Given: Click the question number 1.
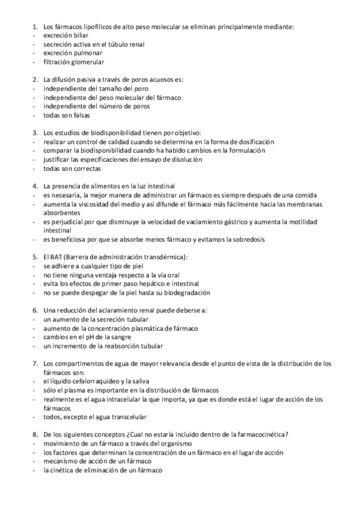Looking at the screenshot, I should point(34,27).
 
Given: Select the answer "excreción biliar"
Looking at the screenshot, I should point(65,35).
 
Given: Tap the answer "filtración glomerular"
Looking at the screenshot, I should point(73,62).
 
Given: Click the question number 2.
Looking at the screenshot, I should point(34,80).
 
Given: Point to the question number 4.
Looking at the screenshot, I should point(34,186).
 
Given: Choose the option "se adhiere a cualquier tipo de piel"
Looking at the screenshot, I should point(95,265).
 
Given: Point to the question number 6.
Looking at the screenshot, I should point(34,310).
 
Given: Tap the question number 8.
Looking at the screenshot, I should point(34,434).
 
